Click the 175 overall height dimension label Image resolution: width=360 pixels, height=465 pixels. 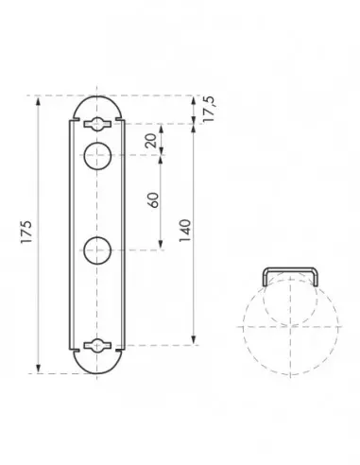(x=27, y=233)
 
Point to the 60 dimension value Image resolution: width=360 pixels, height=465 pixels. (x=152, y=201)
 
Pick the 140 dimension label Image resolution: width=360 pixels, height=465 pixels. (x=185, y=232)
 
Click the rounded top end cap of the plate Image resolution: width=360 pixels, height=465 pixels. (x=98, y=104)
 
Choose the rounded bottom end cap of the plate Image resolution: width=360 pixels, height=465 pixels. (x=98, y=365)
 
